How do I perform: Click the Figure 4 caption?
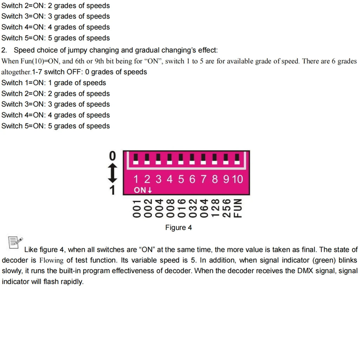pos(179,227)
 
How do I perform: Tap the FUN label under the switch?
pos(238,208)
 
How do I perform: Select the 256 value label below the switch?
pos(227,208)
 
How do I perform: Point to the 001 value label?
pos(137,208)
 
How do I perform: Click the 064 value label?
pos(204,208)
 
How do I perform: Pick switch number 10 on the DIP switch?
pos(237,179)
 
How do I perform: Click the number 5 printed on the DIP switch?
pos(181,179)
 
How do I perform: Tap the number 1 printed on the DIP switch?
pos(136,179)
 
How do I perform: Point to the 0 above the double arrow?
pos(112,155)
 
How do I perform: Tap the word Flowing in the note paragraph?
pos(51,261)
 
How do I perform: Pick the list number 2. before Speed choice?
pos(5,50)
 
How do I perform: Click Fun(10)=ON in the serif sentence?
pos(38,61)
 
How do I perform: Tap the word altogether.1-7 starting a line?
pos(21,72)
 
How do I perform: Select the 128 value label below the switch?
pos(215,208)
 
